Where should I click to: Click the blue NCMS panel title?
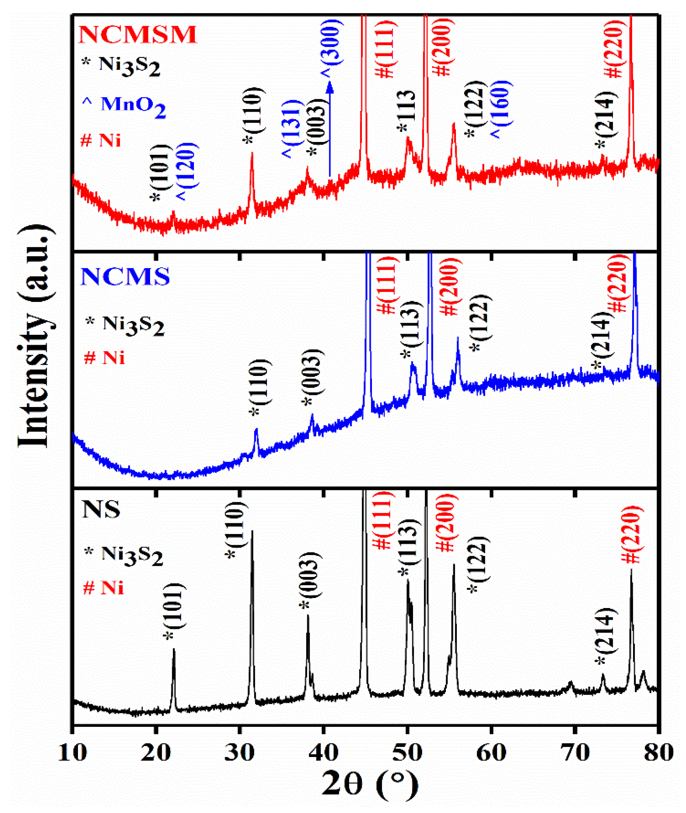pyautogui.click(x=125, y=276)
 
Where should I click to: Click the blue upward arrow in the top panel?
pyautogui.click(x=330, y=128)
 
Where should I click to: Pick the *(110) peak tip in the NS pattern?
pyautogui.click(x=252, y=531)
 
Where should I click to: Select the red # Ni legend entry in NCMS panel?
pyautogui.click(x=105, y=357)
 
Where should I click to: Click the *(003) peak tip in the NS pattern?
pyautogui.click(x=308, y=616)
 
